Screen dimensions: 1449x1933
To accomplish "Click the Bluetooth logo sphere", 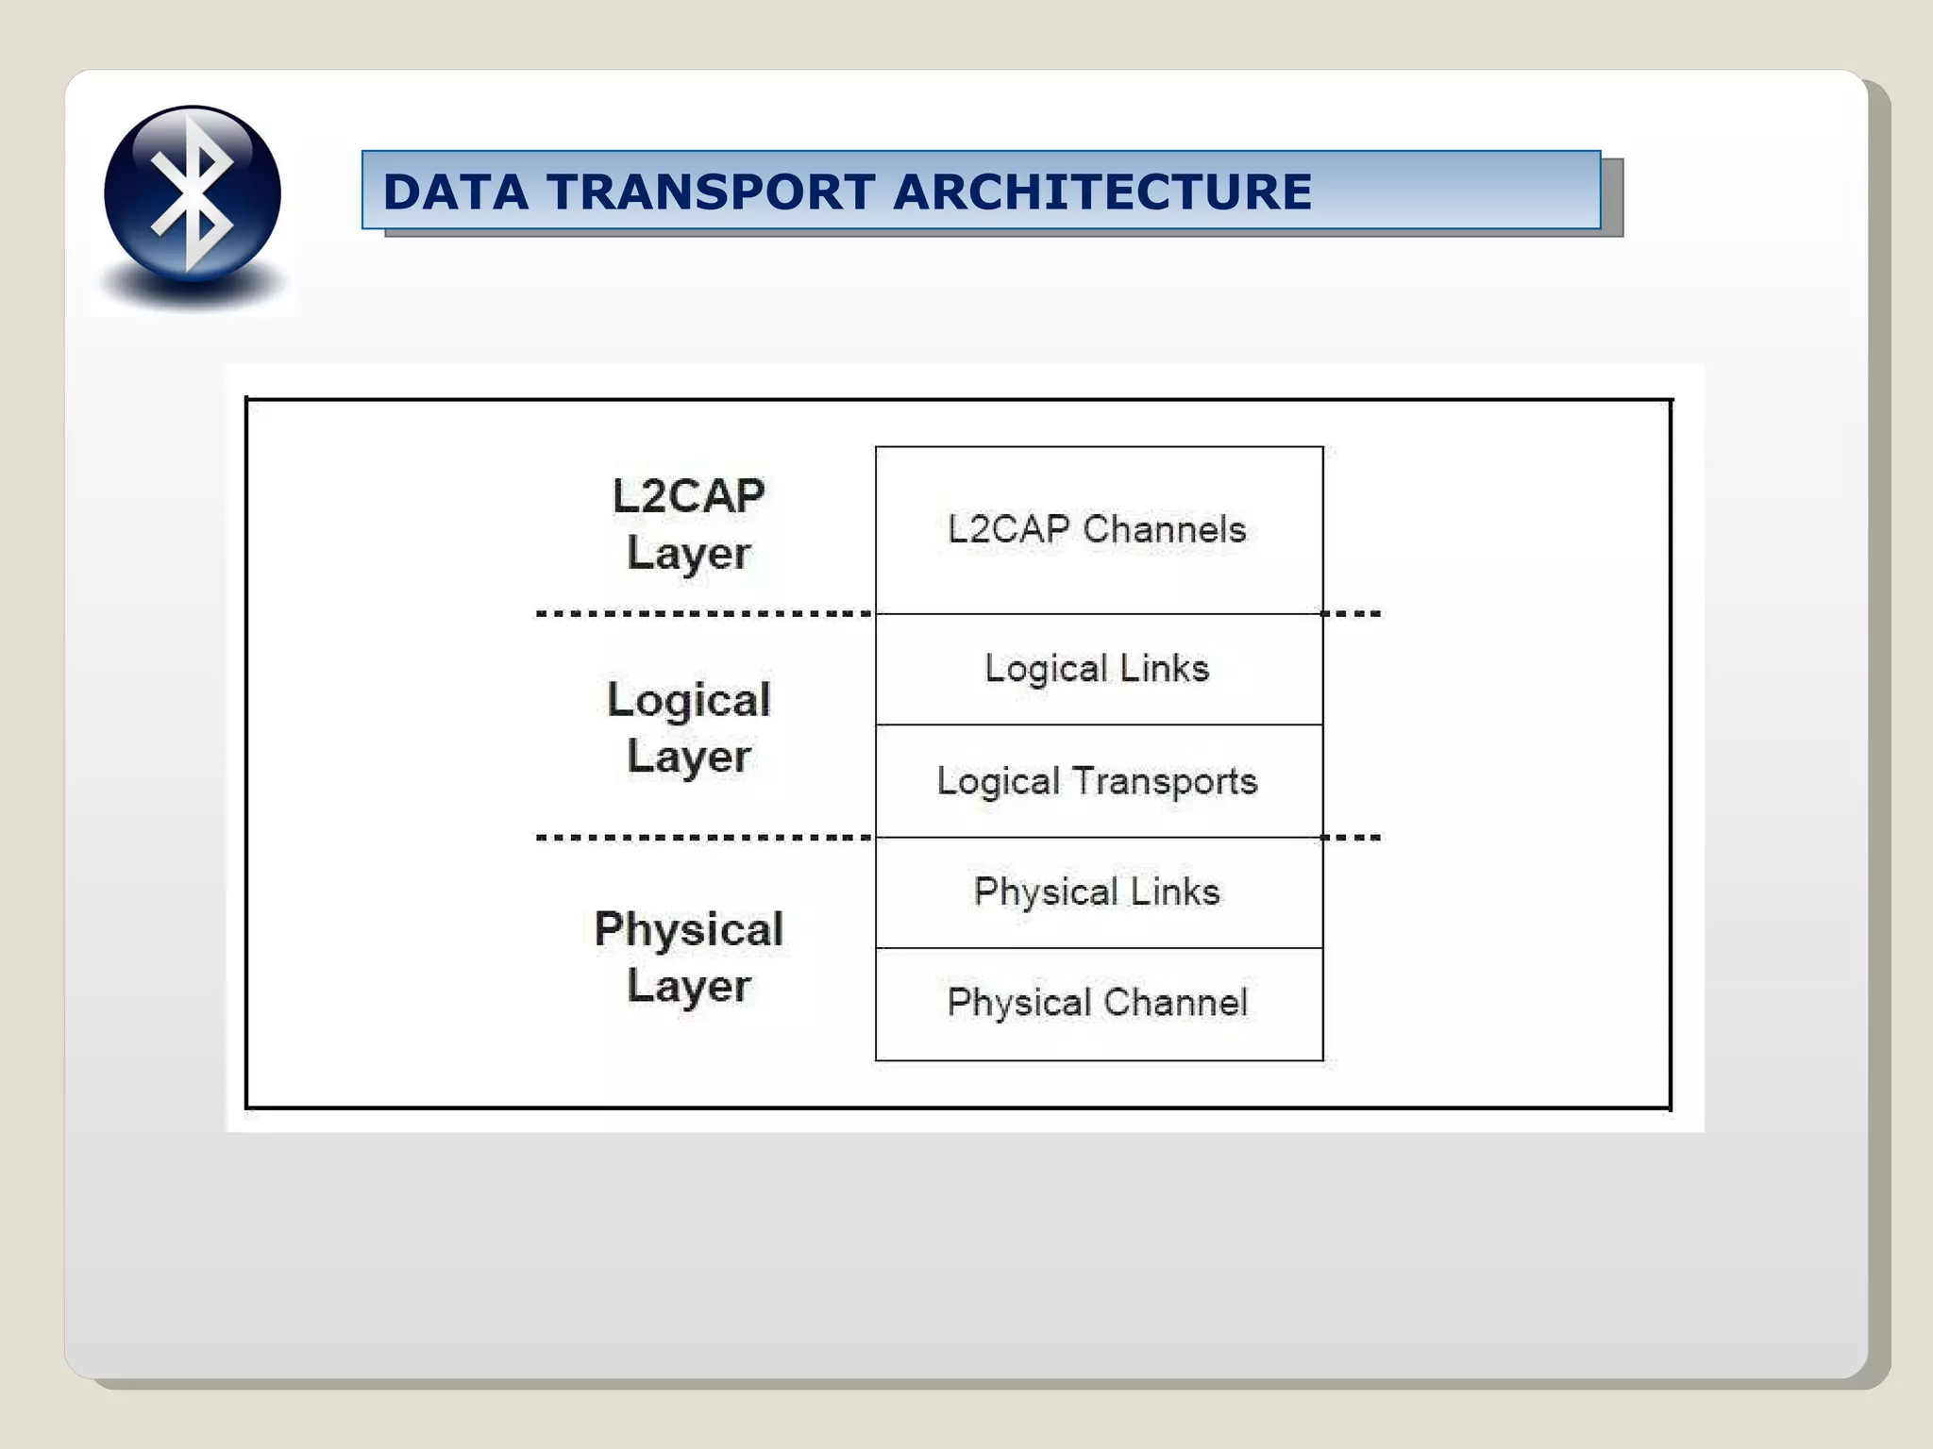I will (193, 193).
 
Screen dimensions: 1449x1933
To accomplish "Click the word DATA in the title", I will (455, 192).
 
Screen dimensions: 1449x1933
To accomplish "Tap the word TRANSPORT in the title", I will (711, 192).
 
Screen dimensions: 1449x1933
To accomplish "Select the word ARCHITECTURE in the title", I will (1101, 192).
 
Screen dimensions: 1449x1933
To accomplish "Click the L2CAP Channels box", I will (1099, 530).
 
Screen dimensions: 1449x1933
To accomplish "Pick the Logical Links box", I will (1099, 669).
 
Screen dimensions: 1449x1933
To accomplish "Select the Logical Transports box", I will (1099, 781).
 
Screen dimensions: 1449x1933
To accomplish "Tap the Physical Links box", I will (1099, 892).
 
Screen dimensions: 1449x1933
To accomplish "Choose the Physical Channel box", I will (1099, 1004).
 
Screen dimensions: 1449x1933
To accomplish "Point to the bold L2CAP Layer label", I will (689, 525).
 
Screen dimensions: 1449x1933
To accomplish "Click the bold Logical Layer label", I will (689, 727).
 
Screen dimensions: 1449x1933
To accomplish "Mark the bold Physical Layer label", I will (689, 958).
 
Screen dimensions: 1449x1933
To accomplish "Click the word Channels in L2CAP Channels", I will (1165, 530).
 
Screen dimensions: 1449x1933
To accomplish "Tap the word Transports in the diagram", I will (1165, 782).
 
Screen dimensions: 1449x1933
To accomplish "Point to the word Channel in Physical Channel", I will (1176, 1003).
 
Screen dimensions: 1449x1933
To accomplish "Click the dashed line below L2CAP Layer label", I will (704, 614).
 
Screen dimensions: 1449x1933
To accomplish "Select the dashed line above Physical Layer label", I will (704, 838).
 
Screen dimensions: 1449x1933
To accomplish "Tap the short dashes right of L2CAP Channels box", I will (1352, 614).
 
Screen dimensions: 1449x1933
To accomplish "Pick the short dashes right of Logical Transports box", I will (1352, 838).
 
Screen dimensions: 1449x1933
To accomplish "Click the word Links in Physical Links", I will (1175, 892).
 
